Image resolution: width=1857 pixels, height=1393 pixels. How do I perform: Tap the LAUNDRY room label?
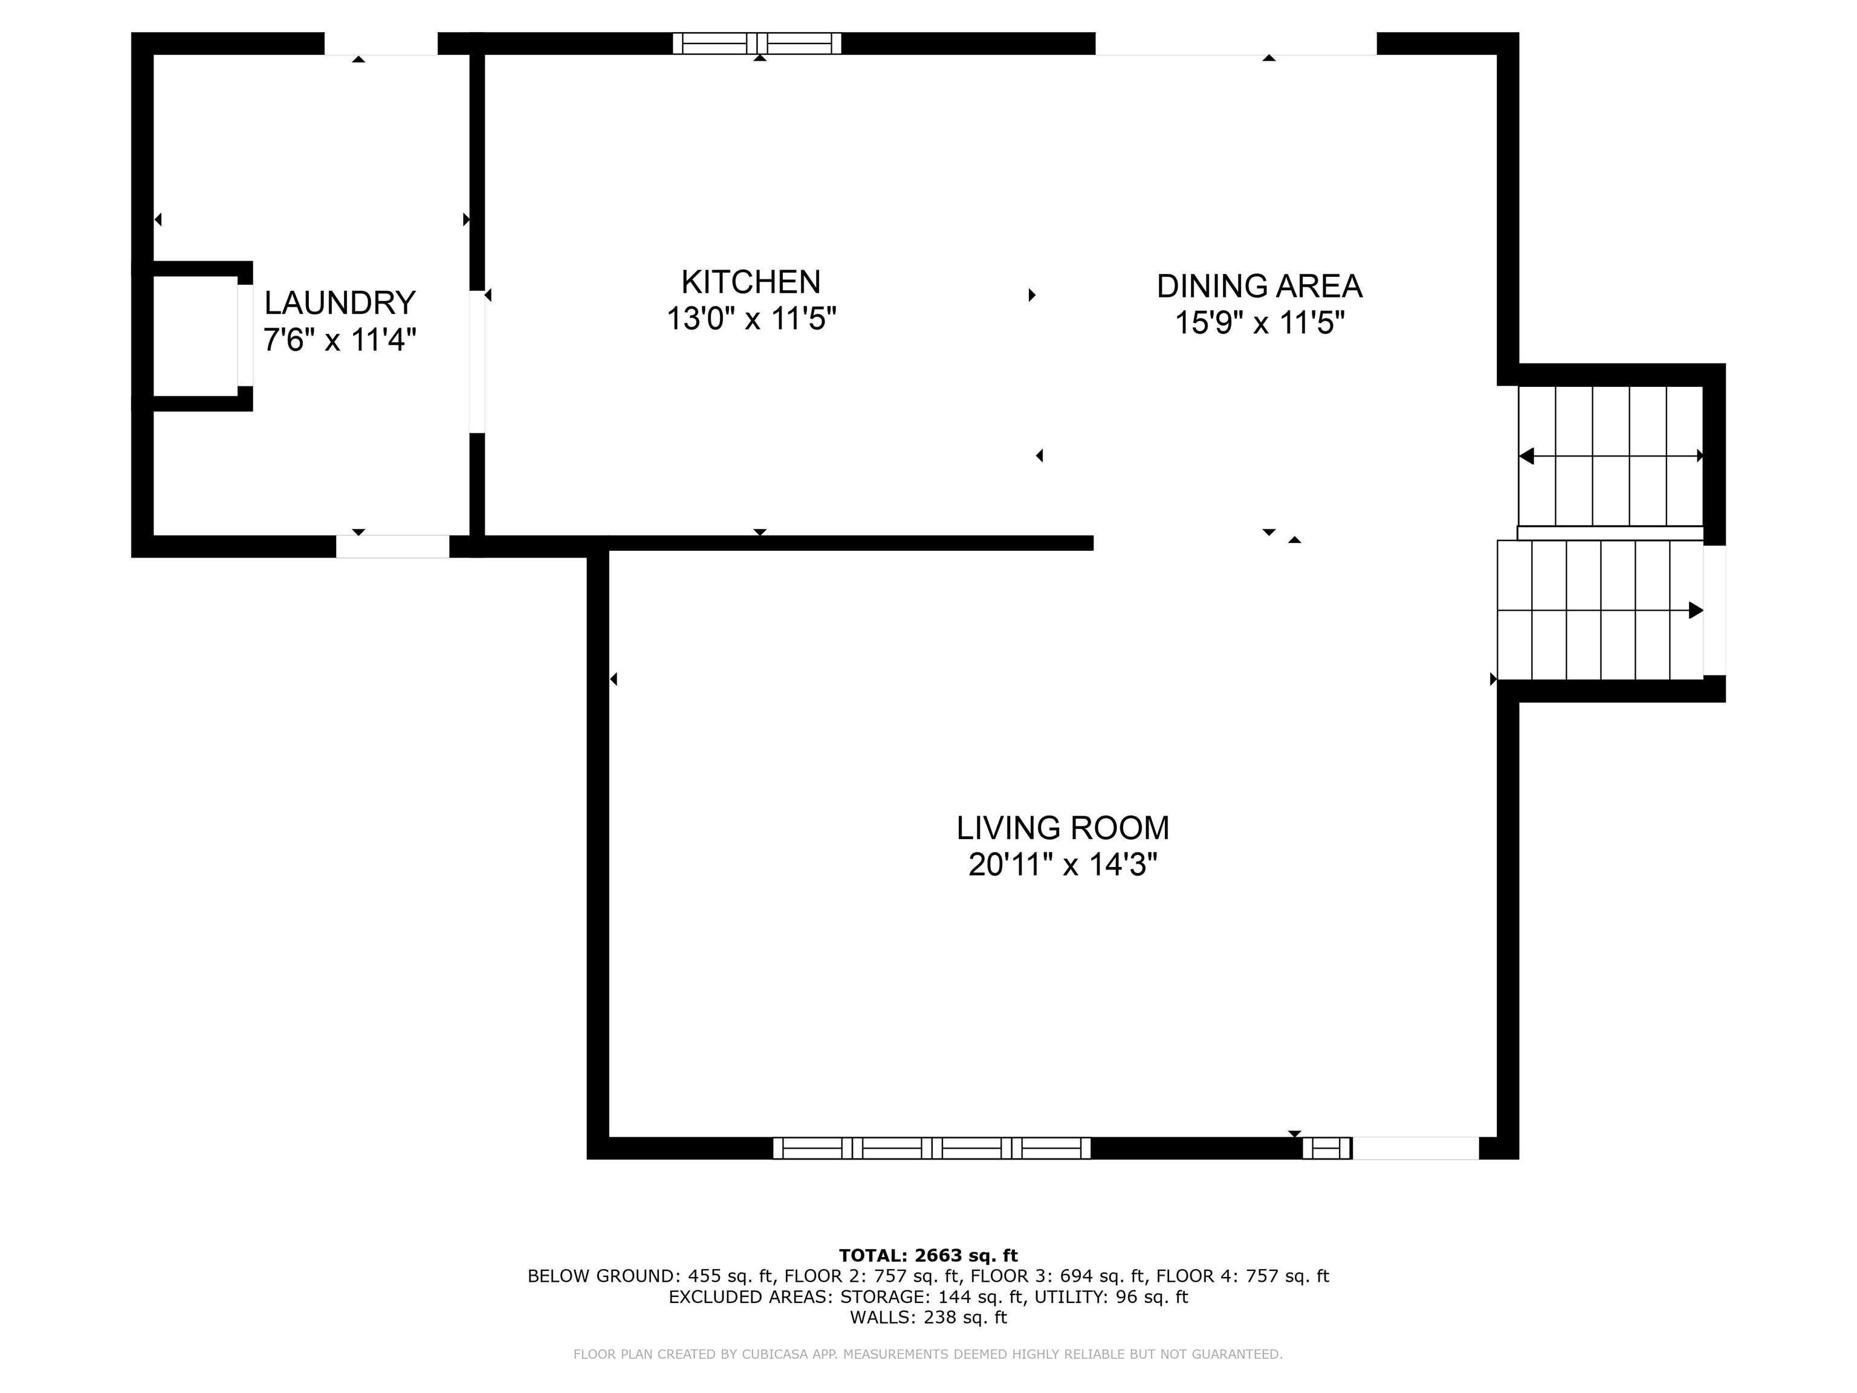point(340,303)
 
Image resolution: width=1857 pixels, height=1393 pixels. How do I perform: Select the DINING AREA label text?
point(1259,287)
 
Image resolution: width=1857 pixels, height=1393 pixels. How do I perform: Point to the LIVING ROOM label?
point(1062,828)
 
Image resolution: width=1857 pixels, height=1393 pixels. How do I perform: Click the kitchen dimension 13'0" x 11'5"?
point(751,319)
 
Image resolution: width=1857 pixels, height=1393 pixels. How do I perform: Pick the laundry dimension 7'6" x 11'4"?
point(340,340)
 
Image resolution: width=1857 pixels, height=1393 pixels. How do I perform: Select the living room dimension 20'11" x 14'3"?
point(1062,865)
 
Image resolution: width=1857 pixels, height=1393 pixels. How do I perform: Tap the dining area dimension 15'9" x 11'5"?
point(1259,322)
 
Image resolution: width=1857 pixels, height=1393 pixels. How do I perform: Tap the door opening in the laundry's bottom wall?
point(392,546)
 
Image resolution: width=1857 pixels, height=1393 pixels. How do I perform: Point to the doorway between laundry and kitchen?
point(477,361)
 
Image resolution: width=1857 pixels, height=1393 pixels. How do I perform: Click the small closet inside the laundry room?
point(195,336)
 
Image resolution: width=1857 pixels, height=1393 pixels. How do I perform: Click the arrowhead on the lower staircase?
point(1695,611)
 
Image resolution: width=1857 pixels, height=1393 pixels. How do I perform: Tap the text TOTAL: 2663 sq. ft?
point(928,1255)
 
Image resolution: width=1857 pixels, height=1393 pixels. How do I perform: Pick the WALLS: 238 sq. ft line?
point(928,1317)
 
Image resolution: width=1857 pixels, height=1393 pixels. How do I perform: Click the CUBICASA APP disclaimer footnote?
point(928,1354)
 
